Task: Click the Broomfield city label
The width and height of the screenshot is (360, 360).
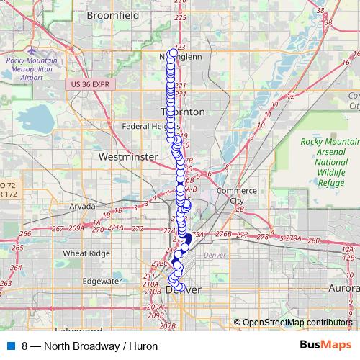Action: [x=113, y=14]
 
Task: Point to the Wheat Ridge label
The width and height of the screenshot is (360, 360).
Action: [x=86, y=253]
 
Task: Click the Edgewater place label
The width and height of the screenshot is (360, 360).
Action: [x=102, y=281]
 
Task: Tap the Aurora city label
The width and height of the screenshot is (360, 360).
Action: [x=343, y=288]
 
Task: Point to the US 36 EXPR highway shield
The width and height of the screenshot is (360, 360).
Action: [x=90, y=84]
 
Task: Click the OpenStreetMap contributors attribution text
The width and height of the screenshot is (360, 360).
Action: [x=297, y=322]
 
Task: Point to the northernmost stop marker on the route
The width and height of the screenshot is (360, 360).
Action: [x=173, y=53]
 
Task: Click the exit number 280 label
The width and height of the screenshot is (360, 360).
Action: [x=312, y=240]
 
